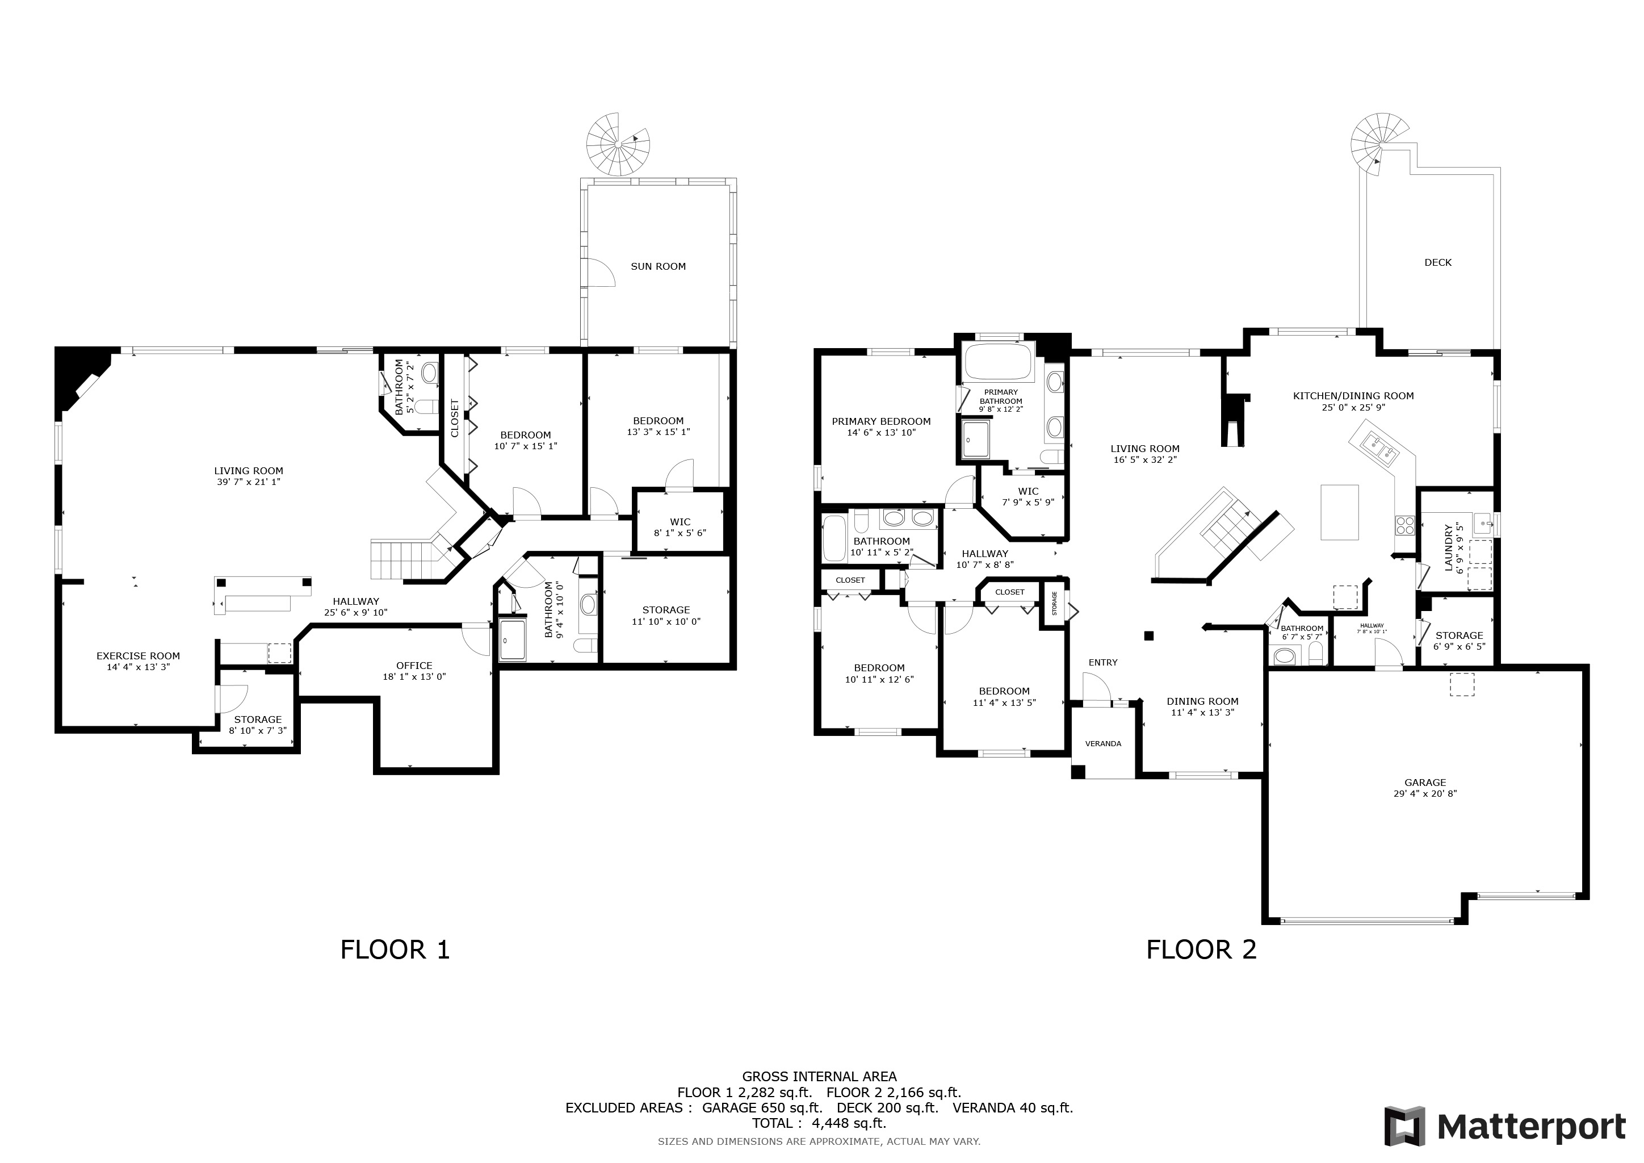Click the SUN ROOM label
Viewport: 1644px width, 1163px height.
[x=658, y=266]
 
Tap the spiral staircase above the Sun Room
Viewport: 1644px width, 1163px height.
[x=617, y=144]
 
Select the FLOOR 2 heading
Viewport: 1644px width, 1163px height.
[x=1202, y=949]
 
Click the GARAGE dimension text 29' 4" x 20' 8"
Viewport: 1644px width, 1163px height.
[x=1425, y=793]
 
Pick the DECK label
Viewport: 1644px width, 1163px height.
[x=1438, y=263]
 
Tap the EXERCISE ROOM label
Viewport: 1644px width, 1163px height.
[x=138, y=656]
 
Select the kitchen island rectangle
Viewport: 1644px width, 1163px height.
[x=1340, y=512]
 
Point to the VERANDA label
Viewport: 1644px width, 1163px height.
[x=1102, y=744]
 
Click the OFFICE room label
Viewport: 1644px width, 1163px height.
[x=414, y=666]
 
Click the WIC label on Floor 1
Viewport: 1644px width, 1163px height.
[x=680, y=522]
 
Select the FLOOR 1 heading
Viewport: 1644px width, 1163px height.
[x=395, y=949]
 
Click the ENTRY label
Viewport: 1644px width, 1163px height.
[x=1102, y=663]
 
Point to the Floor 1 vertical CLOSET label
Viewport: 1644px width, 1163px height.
[x=455, y=418]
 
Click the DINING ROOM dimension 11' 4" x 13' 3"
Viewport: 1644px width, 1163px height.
[x=1202, y=713]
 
